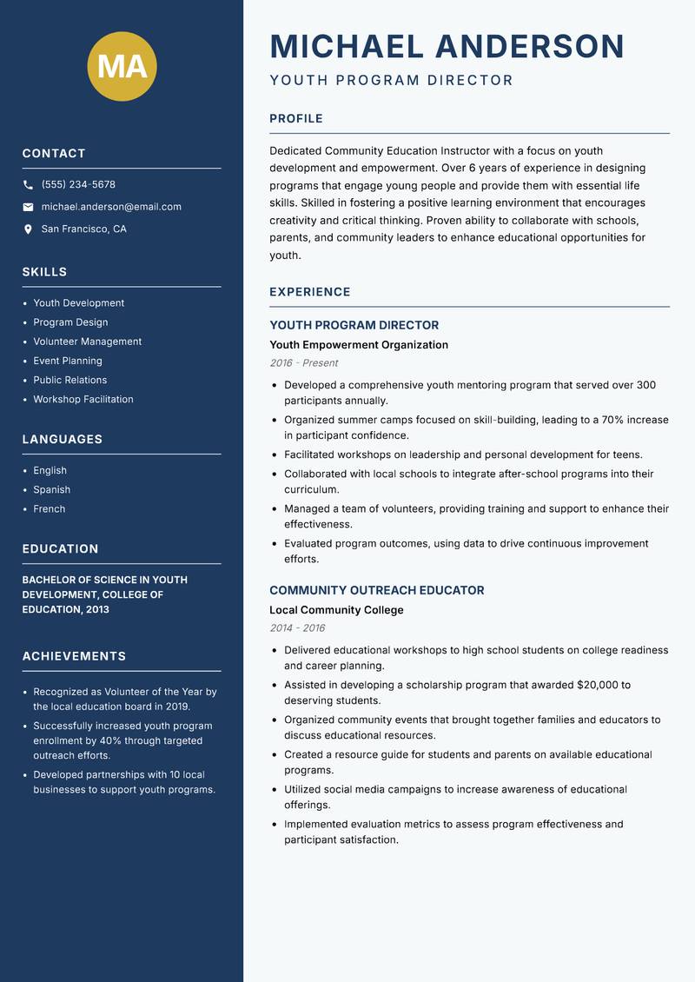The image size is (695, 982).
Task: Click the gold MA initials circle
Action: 122,66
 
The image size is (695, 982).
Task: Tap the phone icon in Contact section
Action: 28,185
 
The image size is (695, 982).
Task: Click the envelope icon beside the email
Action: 28,207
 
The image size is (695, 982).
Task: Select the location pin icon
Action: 28,229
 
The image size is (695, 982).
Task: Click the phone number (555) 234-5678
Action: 78,185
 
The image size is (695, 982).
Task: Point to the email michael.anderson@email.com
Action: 111,207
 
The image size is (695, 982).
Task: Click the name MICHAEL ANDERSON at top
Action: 447,46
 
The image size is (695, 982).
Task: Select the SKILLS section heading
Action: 44,272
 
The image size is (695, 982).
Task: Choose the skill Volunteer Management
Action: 87,342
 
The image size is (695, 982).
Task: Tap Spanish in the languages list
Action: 51,490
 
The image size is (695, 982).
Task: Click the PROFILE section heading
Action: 295,119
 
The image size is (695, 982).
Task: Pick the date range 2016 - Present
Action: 303,363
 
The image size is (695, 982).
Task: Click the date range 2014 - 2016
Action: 297,628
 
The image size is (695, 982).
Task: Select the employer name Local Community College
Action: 336,610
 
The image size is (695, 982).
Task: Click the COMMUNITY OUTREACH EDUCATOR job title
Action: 376,590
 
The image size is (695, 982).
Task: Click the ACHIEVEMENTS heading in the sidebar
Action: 74,656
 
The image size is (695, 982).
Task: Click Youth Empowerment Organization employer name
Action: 358,345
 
